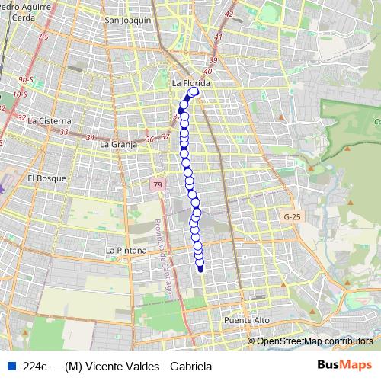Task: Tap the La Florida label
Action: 191,82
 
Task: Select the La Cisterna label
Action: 49,120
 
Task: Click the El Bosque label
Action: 47,178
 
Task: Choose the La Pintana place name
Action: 126,250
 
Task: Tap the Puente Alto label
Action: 247,321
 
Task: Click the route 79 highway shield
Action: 157,185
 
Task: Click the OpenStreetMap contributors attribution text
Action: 315,341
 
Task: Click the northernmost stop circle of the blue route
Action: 194,92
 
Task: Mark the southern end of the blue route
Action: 200,268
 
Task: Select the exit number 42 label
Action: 229,14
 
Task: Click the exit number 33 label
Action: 64,132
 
